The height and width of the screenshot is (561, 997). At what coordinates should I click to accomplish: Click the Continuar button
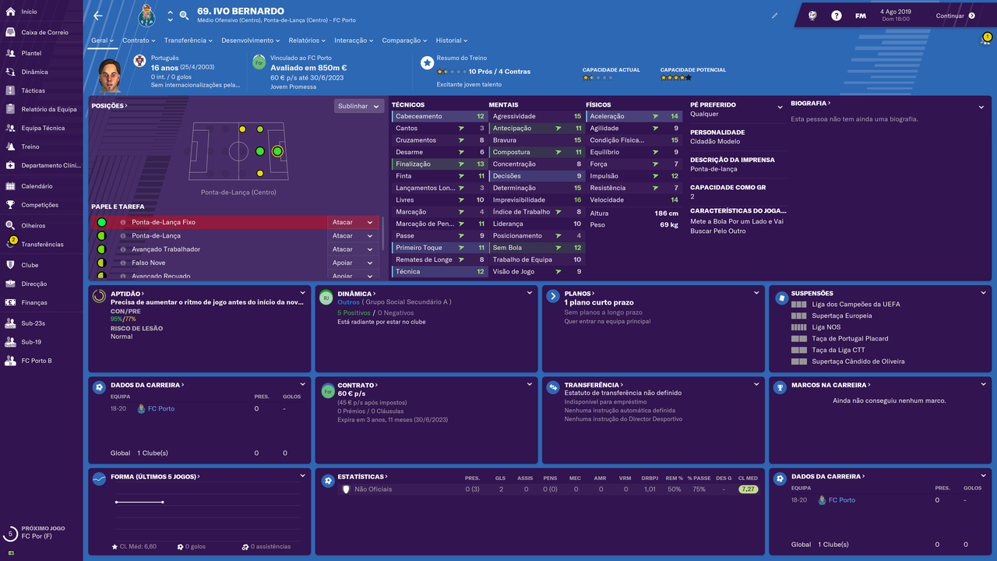[955, 16]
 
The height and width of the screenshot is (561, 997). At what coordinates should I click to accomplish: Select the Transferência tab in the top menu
[188, 41]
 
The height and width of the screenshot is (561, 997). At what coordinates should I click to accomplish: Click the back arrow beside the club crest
[98, 16]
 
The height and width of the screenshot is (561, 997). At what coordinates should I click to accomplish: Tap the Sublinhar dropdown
[358, 106]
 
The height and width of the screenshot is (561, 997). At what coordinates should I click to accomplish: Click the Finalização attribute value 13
[481, 164]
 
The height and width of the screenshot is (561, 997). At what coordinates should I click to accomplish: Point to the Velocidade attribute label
[607, 200]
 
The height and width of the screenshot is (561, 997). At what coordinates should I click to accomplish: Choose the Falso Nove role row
[235, 263]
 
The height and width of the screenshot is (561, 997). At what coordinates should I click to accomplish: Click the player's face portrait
[110, 75]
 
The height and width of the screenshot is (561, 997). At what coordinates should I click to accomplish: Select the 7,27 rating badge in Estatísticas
[748, 489]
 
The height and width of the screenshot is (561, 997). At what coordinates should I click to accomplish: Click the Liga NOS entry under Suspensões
[826, 327]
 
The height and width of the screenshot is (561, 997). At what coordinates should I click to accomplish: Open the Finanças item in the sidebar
[33, 303]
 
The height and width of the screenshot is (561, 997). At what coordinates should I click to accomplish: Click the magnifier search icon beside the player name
[184, 16]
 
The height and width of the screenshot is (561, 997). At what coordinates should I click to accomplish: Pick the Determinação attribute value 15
[577, 188]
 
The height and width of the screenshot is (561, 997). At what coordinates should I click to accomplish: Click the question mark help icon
[837, 16]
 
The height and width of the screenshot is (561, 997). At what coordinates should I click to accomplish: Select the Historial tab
[451, 41]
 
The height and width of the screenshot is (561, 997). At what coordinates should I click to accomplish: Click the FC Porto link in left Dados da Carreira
[160, 409]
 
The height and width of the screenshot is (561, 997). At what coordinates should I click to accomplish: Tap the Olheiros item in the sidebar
[33, 226]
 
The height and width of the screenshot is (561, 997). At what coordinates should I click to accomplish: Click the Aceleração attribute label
[607, 116]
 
